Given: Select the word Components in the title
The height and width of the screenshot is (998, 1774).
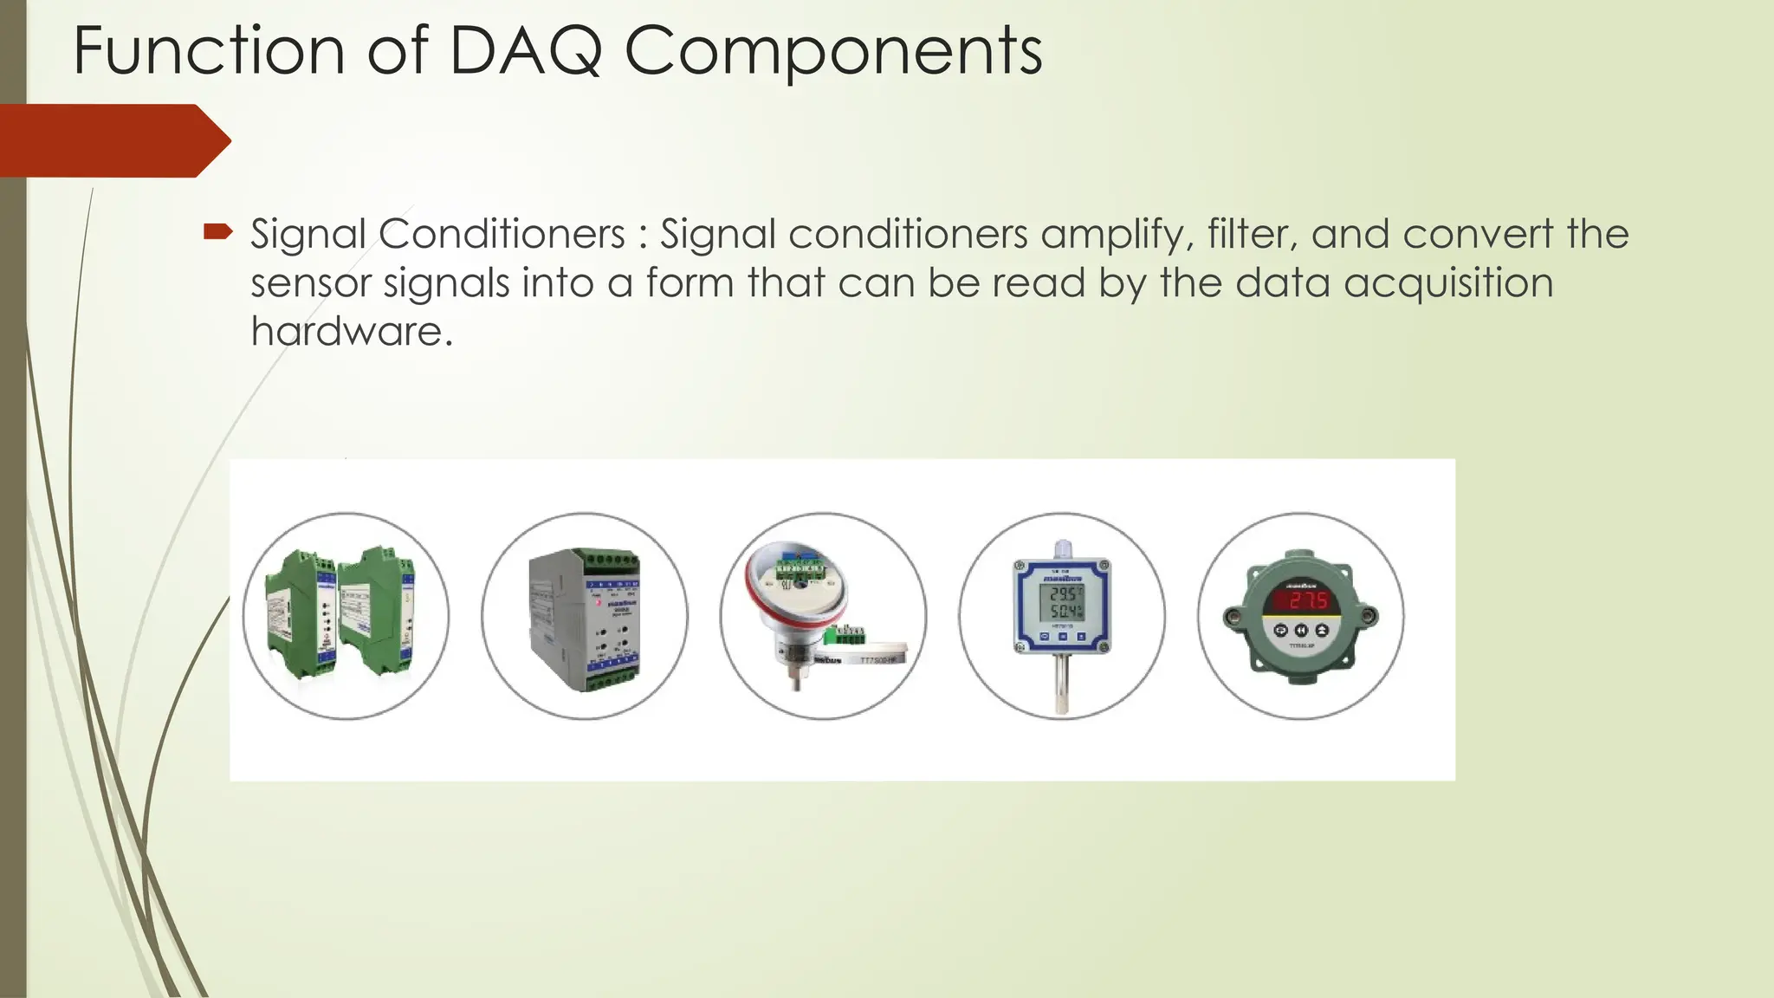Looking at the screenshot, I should coord(832,52).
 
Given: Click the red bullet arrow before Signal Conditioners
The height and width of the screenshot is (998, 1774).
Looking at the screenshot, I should coord(217,231).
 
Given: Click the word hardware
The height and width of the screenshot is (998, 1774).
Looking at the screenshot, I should coord(351,331).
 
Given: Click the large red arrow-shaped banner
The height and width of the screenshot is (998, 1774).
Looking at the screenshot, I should coord(113,140).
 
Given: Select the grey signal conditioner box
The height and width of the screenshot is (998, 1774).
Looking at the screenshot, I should coord(585,619).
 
